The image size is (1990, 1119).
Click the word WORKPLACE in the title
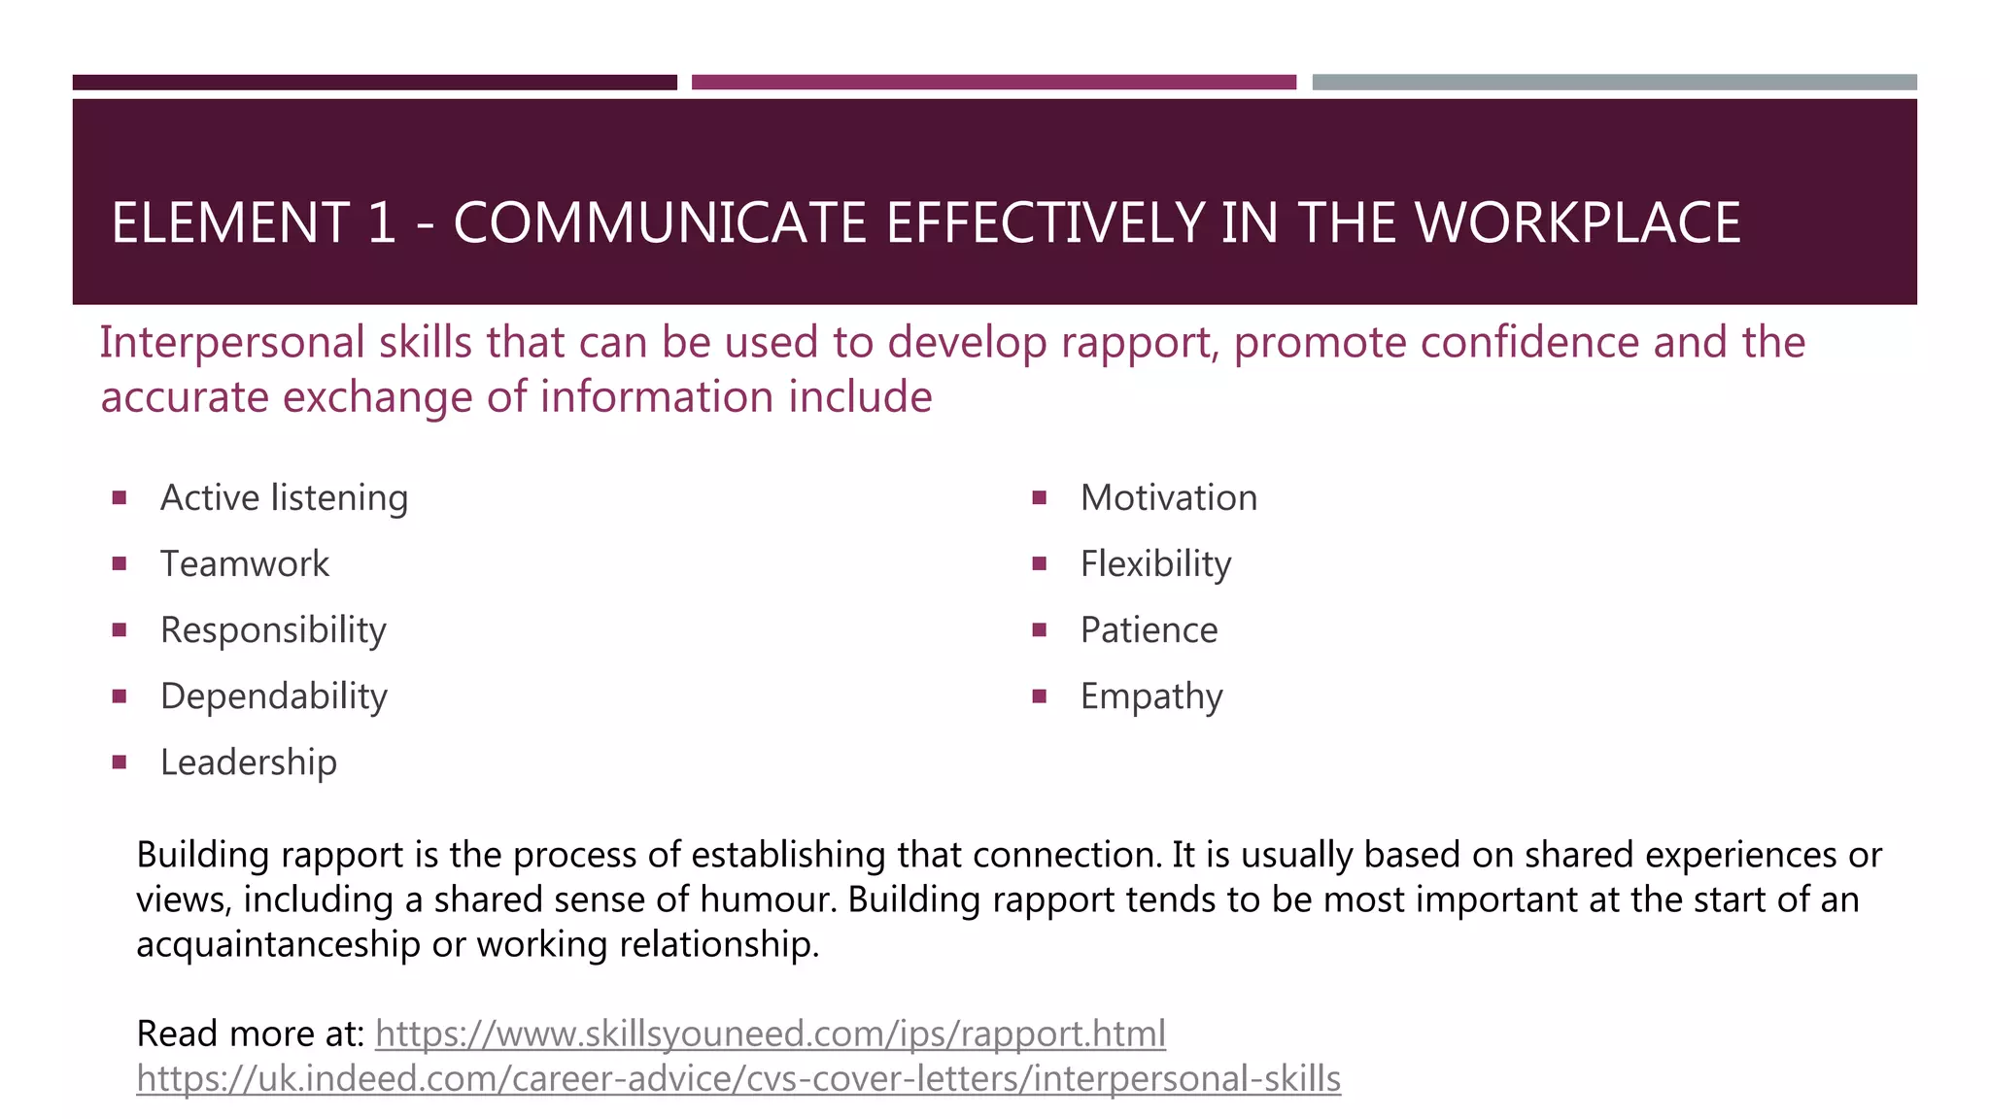1577,222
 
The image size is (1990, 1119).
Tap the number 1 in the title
382,222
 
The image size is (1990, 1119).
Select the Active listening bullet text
284,498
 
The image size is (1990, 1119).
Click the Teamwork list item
245,564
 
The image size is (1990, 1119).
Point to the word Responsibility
273,630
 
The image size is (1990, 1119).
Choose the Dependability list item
274,696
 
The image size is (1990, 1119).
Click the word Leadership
249,763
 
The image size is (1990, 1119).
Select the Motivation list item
1169,498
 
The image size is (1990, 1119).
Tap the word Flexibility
1155,564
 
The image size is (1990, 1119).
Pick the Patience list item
1149,630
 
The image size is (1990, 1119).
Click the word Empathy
1151,696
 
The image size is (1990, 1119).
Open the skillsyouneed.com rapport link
771,1034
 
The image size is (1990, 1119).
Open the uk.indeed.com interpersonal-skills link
738,1078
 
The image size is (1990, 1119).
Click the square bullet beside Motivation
1039,498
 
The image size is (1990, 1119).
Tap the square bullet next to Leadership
120,763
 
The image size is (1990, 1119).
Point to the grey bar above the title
1614,83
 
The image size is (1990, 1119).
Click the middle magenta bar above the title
993,83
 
